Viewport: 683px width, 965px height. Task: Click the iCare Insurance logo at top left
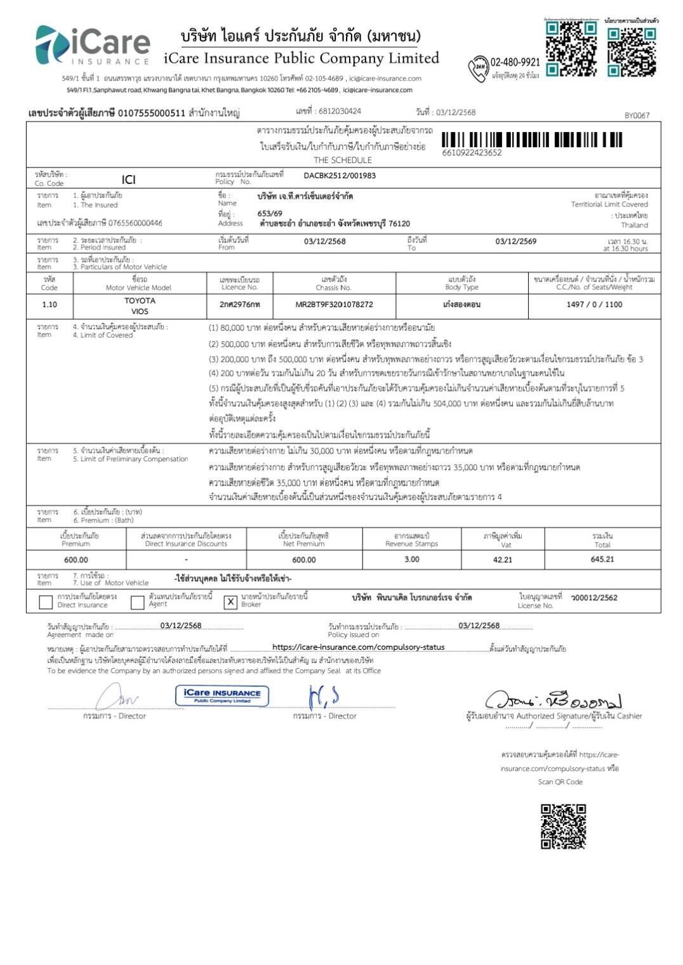tap(92, 46)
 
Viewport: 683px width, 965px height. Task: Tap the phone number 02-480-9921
tap(515, 62)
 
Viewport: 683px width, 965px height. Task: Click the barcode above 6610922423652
tap(532, 140)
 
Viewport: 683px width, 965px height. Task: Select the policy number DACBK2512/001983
tap(340, 176)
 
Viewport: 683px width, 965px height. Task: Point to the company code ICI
tap(128, 180)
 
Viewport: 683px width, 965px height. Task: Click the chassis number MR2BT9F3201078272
tap(334, 305)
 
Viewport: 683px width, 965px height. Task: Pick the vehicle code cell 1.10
tap(50, 305)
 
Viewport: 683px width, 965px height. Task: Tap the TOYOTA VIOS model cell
tap(140, 306)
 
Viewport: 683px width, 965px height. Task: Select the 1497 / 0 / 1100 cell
tap(594, 305)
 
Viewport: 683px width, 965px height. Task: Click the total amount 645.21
tap(602, 559)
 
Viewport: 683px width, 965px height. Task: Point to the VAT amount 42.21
tap(502, 560)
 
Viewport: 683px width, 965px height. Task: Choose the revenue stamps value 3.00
tap(411, 559)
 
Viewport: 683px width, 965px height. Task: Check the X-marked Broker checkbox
tap(230, 602)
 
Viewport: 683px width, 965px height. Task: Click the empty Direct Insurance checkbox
tap(46, 602)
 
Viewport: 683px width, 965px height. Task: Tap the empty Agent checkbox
tap(137, 602)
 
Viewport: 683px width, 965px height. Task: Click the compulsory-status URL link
tap(358, 647)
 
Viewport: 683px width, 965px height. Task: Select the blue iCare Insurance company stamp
tap(222, 695)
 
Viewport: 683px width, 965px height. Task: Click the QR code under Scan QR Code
tap(563, 826)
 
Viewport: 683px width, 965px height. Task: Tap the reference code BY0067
tap(637, 115)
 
